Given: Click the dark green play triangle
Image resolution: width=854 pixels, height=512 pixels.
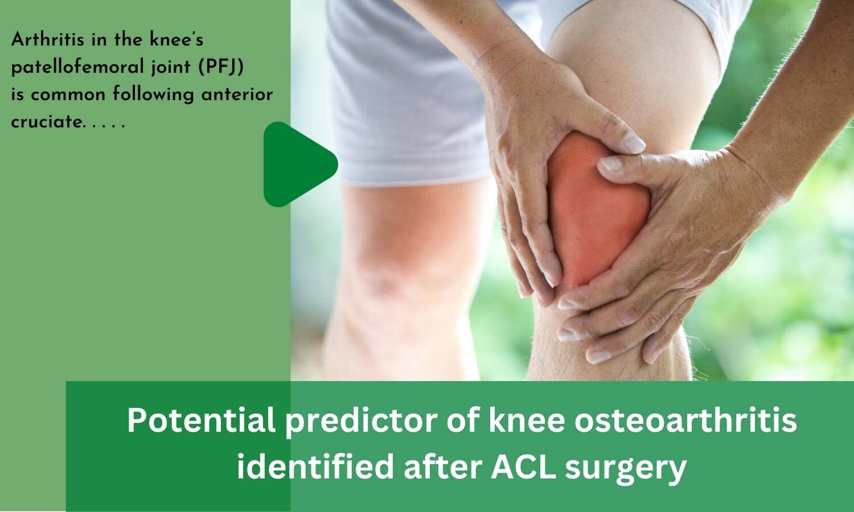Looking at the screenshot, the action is click(x=297, y=164).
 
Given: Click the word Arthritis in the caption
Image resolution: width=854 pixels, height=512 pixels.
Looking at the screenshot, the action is click(x=47, y=40).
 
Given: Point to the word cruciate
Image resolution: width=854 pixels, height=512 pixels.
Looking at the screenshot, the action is click(x=46, y=122).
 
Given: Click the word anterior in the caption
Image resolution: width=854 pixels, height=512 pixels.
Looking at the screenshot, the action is click(x=237, y=94).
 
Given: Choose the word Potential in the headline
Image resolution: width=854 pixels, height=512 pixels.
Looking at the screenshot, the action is click(x=202, y=421).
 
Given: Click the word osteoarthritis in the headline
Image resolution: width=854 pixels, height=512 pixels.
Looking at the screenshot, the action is click(x=686, y=421).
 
